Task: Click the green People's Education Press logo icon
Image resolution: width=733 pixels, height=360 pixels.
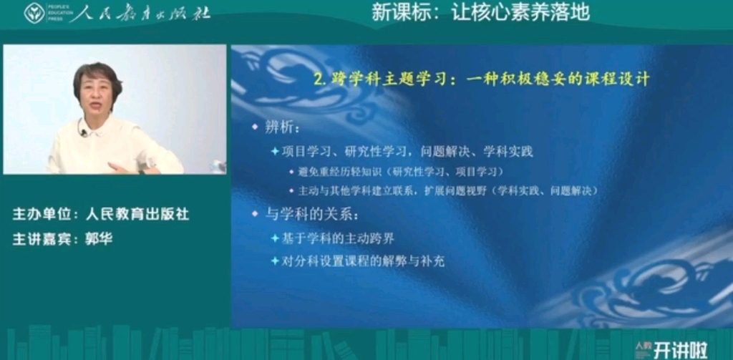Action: click(34, 13)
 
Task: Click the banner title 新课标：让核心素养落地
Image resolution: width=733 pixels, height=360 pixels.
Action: click(480, 12)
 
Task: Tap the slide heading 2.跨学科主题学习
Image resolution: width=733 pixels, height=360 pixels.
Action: click(482, 79)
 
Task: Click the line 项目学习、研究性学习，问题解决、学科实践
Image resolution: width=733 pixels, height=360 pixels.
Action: click(407, 151)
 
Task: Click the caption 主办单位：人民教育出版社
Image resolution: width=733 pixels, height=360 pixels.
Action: click(101, 214)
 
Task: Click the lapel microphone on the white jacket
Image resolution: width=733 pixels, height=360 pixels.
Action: click(83, 132)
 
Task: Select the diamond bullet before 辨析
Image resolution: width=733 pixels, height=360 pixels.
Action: click(254, 127)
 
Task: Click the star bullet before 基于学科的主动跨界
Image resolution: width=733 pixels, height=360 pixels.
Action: click(274, 238)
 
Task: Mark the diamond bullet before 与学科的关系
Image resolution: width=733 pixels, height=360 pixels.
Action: click(254, 214)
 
